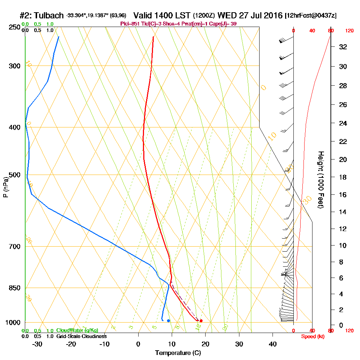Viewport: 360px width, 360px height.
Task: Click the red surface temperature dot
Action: [201, 320]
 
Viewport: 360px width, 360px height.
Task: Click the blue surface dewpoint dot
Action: [168, 320]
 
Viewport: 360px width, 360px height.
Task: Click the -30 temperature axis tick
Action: [37, 344]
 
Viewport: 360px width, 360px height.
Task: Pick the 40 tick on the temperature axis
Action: [273, 344]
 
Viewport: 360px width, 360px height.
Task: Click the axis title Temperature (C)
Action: [178, 353]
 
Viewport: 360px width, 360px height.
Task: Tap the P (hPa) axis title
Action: [6, 187]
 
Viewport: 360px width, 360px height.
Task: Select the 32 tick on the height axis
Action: [343, 46]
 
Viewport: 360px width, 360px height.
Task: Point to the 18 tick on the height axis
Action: [343, 177]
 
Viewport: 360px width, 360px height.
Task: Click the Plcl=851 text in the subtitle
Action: [131, 24]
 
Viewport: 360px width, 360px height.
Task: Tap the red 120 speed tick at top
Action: [349, 31]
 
